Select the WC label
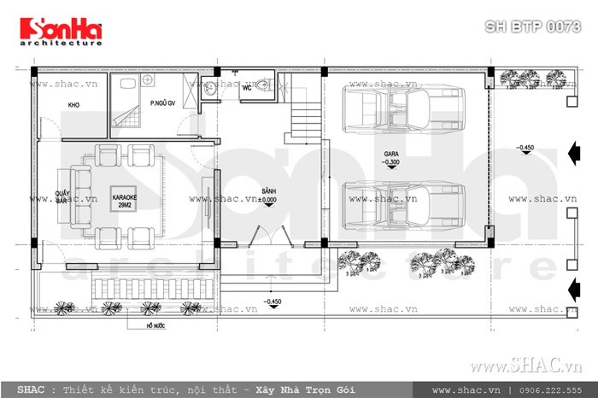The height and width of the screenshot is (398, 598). [x=245, y=88]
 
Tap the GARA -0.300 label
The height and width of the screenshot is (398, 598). [x=393, y=159]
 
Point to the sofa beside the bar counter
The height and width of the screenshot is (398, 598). [x=82, y=194]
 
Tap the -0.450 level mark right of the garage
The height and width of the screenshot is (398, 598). [x=525, y=149]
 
